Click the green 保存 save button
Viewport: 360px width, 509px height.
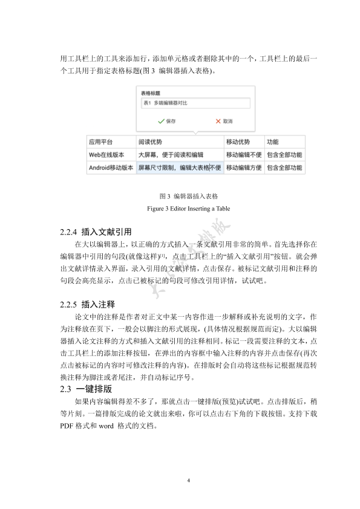coord(166,121)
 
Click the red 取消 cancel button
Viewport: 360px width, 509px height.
coord(224,121)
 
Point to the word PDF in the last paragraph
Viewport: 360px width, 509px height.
coord(67,425)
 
